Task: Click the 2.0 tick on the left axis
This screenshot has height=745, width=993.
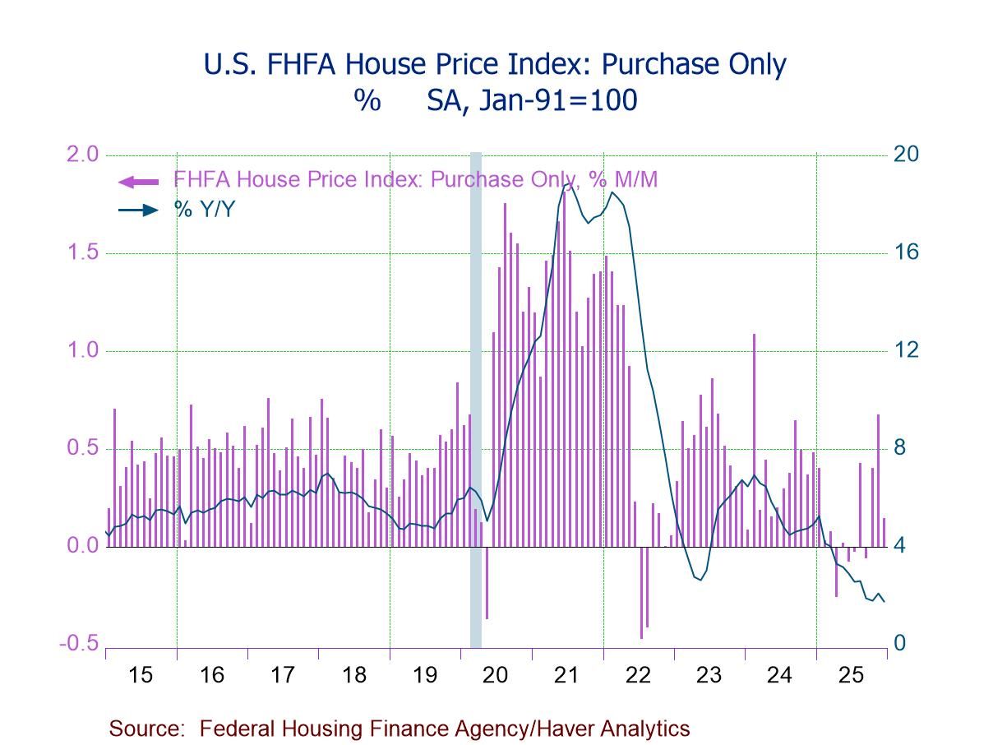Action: coord(79,155)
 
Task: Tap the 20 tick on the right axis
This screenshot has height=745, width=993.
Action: coord(906,155)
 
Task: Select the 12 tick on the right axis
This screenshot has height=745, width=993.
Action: coord(906,350)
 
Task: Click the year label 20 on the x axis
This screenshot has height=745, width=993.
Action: coord(496,675)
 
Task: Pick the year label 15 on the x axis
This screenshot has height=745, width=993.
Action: coord(141,675)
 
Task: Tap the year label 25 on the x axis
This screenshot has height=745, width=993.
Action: coord(852,675)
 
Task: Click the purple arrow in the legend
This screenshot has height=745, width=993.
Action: coord(138,182)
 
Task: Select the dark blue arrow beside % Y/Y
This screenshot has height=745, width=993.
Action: coord(138,210)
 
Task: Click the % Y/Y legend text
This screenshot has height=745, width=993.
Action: coord(204,210)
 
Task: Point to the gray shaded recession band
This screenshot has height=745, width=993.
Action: coord(475,395)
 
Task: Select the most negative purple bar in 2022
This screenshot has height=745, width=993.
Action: coord(641,592)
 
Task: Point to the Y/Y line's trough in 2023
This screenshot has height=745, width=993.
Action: coord(700,580)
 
